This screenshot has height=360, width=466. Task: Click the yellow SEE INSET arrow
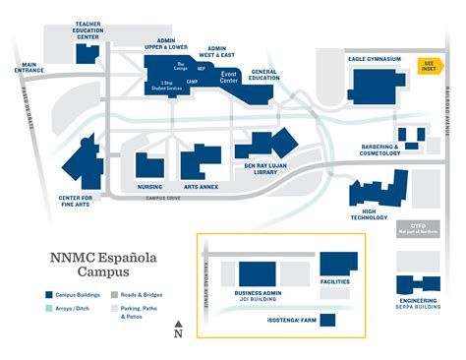coord(428,67)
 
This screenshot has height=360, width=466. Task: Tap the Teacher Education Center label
coord(87,30)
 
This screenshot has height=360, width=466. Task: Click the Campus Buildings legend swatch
coord(48,294)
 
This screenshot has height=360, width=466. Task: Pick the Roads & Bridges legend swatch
coord(115,294)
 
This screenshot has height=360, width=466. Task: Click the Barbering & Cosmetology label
coord(379,150)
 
